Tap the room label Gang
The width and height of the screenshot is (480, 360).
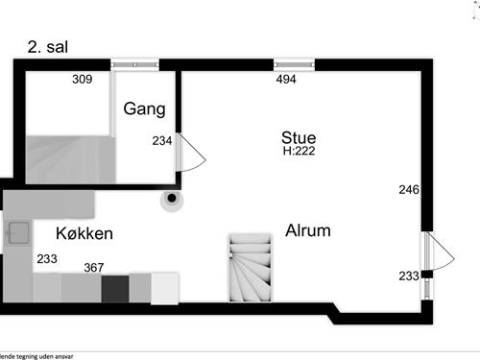pyautogui.click(x=144, y=108)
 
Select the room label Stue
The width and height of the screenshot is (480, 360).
pyautogui.click(x=299, y=136)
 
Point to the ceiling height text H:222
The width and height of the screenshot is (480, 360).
pyautogui.click(x=299, y=151)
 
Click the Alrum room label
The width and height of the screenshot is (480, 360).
pyautogui.click(x=307, y=230)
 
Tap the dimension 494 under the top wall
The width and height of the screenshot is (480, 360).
pyautogui.click(x=287, y=79)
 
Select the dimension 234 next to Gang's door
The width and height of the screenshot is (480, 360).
pyautogui.click(x=162, y=141)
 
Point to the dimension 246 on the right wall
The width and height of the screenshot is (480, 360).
pyautogui.click(x=409, y=189)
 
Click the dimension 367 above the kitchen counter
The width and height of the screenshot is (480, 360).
pyautogui.click(x=94, y=268)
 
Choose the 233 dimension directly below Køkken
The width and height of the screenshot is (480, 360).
pyautogui.click(x=46, y=258)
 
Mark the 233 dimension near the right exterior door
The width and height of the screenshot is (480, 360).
pyautogui.click(x=409, y=276)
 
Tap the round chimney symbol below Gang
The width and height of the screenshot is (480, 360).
pyautogui.click(x=171, y=199)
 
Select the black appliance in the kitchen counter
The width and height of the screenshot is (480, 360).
pyautogui.click(x=115, y=287)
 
